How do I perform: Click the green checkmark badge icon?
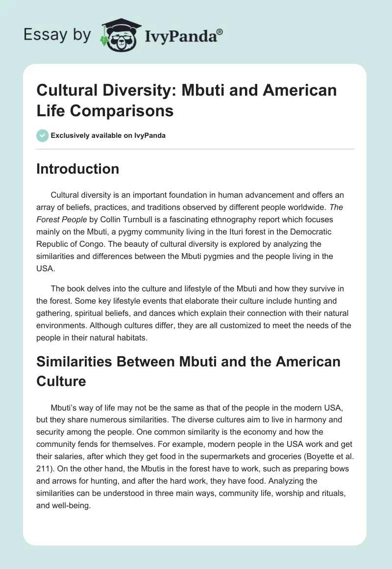click(x=43, y=135)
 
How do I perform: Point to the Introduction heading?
click(x=78, y=169)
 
